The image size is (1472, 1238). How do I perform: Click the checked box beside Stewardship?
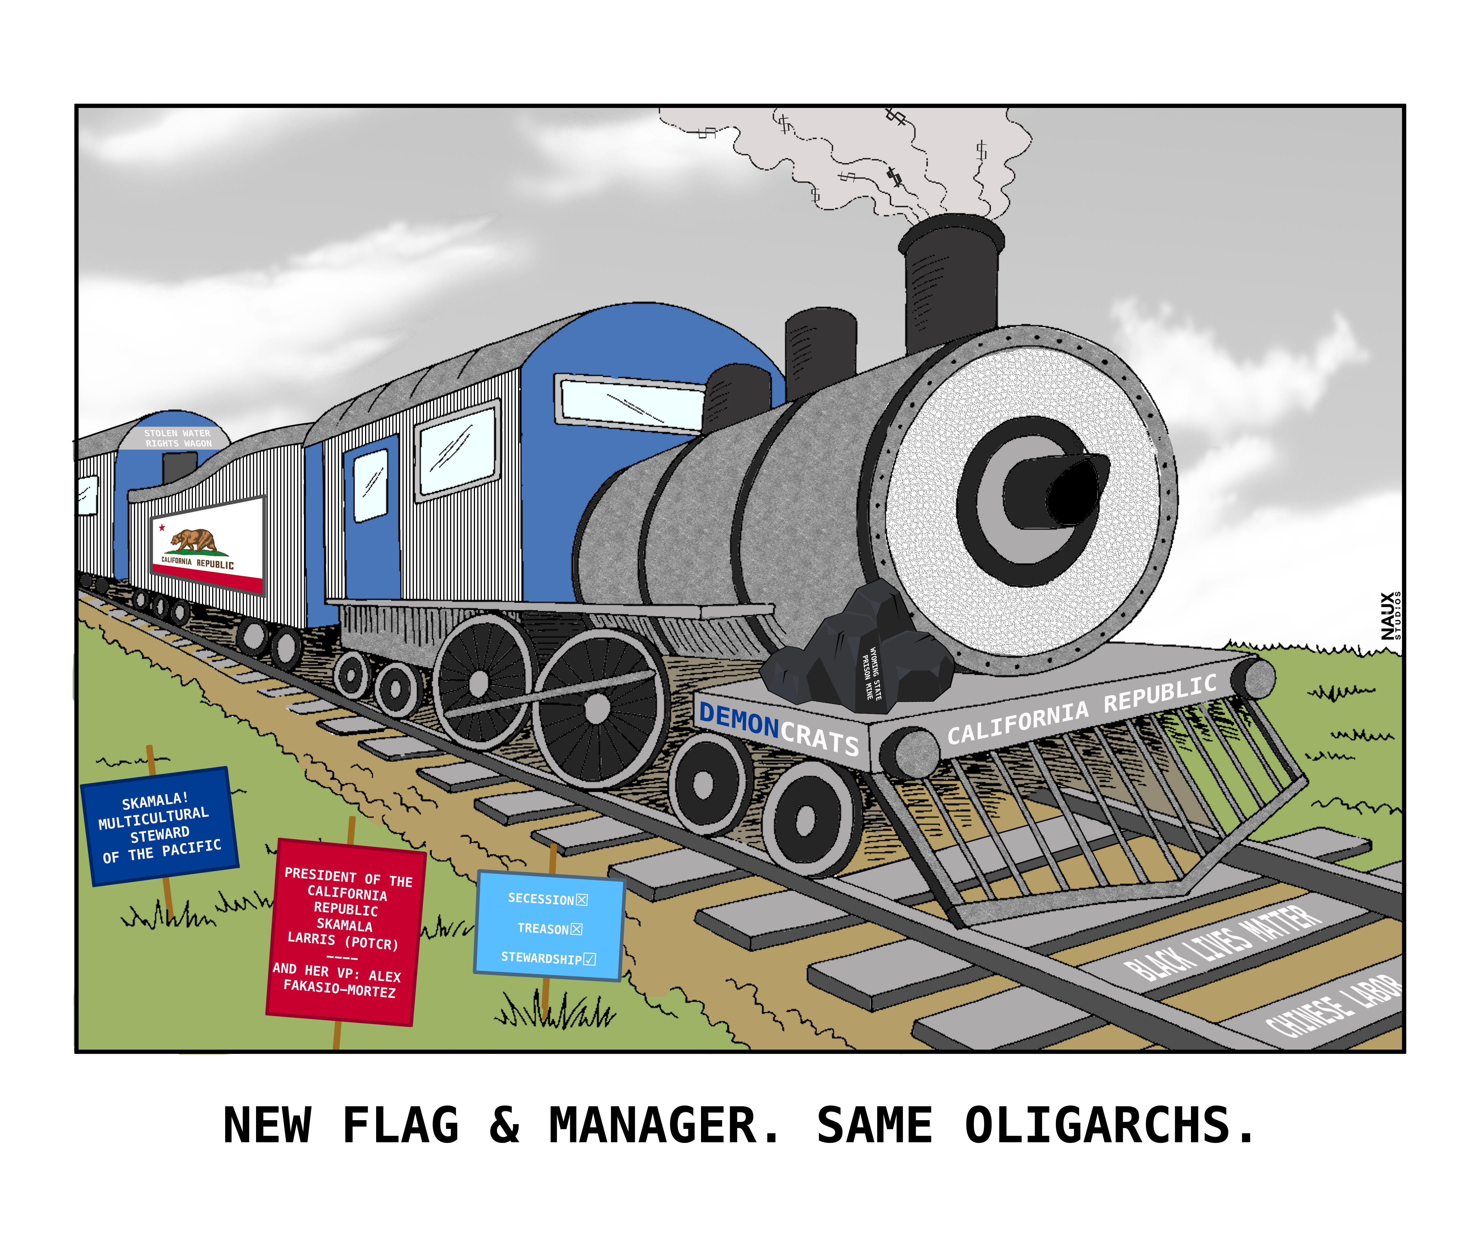pos(589,959)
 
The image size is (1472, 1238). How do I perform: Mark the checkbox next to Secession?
pos(582,900)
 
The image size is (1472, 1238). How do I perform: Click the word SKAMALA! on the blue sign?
pos(155,801)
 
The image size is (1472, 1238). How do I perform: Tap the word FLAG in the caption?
pos(401,1126)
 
